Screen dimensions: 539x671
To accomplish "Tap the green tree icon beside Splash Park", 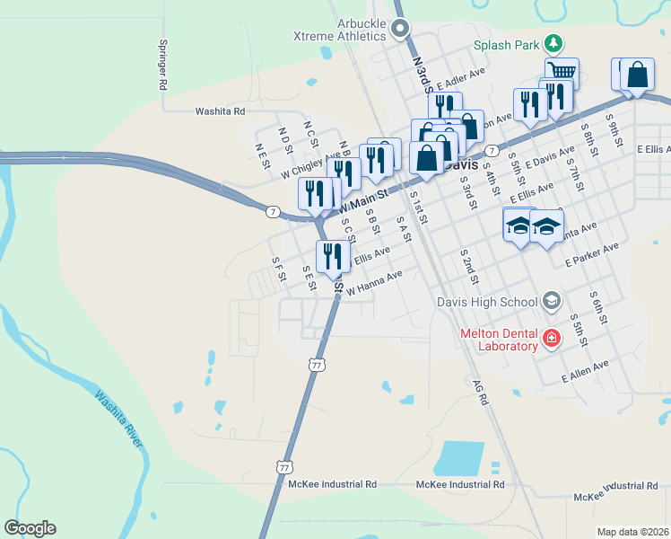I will click(x=554, y=43).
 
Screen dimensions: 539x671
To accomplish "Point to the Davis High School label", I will click(x=486, y=301).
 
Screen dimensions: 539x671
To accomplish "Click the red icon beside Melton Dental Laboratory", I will click(x=552, y=339).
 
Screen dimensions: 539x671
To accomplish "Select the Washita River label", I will click(x=118, y=417).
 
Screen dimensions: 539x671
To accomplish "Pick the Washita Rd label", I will click(x=220, y=111).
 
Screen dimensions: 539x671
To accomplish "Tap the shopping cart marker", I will click(x=562, y=72).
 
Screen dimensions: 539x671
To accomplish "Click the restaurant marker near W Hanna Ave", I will click(x=333, y=257).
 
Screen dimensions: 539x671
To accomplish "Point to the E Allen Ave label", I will click(x=585, y=370).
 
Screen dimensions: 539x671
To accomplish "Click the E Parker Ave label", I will click(x=592, y=255).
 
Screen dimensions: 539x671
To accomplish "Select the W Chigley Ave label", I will click(x=310, y=163).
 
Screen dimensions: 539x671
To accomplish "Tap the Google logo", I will click(x=30, y=528).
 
